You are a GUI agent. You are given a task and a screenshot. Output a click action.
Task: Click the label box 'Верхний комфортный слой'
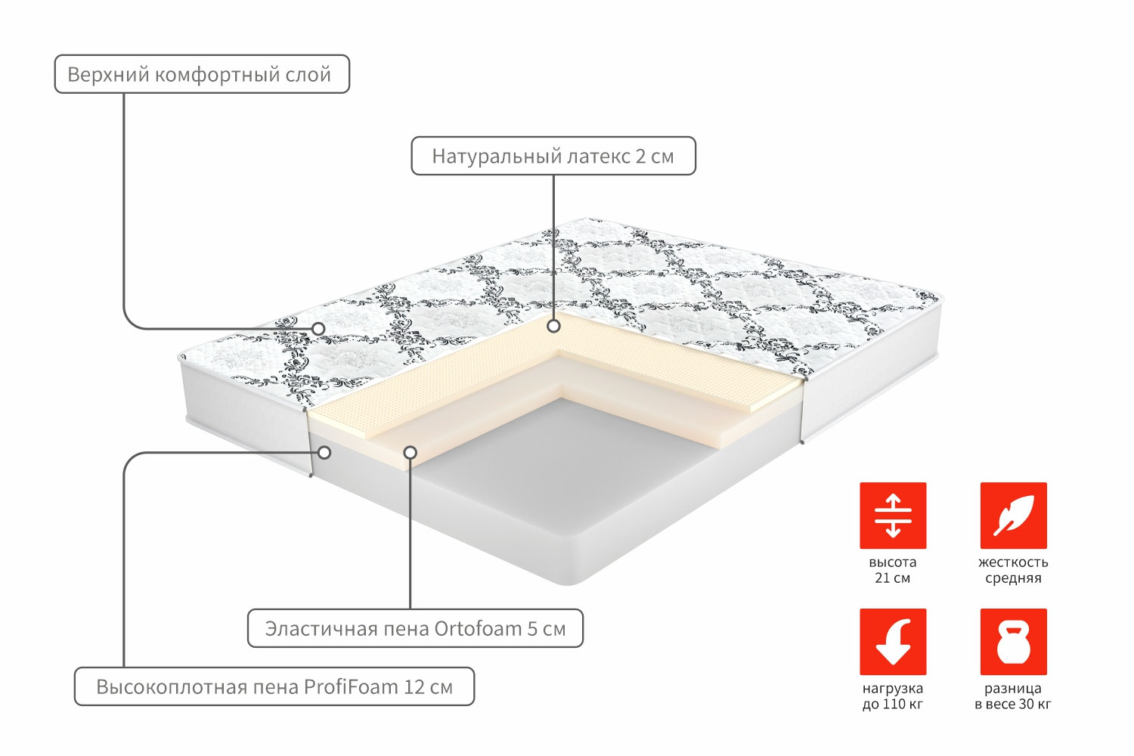(202, 74)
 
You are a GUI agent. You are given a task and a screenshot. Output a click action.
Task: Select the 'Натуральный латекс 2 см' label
(553, 156)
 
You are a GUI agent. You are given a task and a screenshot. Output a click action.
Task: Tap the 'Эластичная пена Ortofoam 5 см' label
(415, 628)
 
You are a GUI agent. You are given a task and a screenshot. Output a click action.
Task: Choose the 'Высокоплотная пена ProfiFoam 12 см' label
(274, 686)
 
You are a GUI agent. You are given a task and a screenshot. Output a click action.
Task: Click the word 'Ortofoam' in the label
(479, 628)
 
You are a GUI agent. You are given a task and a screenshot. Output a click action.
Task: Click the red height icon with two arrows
(893, 516)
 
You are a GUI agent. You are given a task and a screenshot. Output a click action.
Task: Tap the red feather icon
(1014, 516)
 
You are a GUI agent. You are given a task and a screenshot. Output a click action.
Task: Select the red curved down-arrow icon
(893, 642)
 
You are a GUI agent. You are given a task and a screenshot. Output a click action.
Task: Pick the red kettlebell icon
(1014, 642)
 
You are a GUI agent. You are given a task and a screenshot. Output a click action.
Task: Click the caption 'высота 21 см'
(893, 570)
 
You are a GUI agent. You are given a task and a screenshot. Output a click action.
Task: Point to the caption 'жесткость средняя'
(1014, 570)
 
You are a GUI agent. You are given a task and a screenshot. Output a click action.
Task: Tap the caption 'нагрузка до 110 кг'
(893, 696)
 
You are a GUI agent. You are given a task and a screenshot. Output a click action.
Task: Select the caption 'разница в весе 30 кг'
(1013, 696)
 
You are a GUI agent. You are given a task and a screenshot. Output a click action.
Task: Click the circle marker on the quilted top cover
(318, 329)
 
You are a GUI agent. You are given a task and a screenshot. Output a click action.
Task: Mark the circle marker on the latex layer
(553, 327)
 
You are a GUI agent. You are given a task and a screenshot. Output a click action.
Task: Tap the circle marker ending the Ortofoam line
(411, 452)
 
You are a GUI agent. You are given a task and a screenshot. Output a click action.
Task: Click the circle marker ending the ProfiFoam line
(324, 452)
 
